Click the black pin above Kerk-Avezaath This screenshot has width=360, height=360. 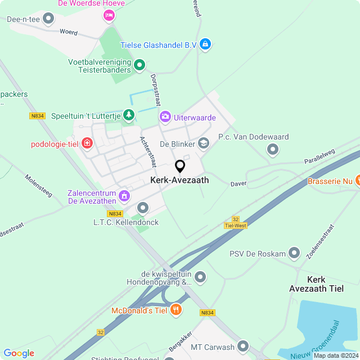point(180,166)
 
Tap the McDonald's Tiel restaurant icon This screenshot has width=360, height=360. point(175,309)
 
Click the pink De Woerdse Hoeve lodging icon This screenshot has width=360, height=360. point(108,16)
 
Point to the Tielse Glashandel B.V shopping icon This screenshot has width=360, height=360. point(205,44)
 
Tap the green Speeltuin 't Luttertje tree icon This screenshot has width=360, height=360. point(129,115)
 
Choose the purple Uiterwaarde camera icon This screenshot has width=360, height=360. point(165,117)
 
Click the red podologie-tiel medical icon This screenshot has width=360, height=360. point(86,144)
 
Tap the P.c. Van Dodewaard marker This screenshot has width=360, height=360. point(273,150)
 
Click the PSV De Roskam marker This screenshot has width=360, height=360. point(294,253)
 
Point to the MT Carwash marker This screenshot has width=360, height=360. point(243,346)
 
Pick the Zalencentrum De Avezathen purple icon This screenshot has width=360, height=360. point(124,196)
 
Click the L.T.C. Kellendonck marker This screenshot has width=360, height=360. point(143,209)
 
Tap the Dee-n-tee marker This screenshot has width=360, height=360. point(49,19)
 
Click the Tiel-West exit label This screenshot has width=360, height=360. point(236,226)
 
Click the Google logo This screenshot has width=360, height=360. point(19,353)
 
